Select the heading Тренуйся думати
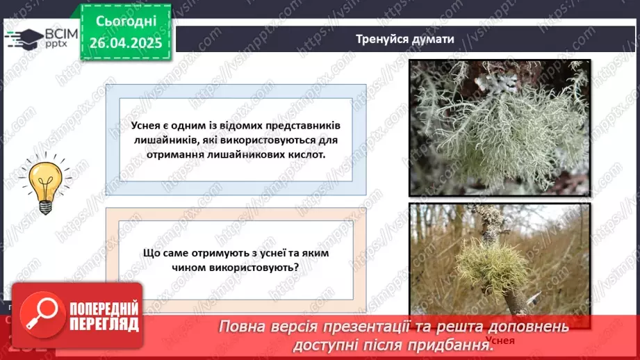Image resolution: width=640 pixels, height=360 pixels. click(404, 39)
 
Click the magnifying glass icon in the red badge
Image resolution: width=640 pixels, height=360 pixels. click(40, 314)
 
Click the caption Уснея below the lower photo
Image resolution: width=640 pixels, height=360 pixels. click(500, 341)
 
